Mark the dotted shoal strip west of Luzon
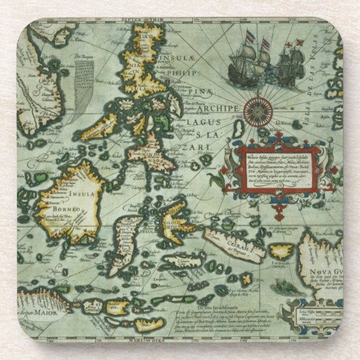coord(82,78)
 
